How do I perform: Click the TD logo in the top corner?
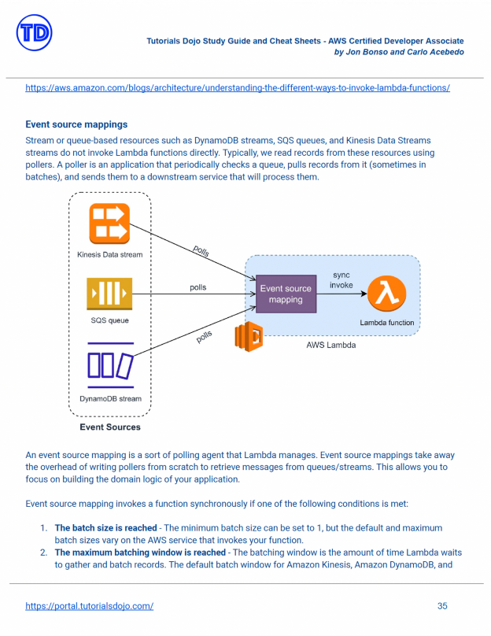[x=34, y=32]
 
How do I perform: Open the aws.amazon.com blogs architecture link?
[x=238, y=88]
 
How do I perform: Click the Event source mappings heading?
[x=76, y=124]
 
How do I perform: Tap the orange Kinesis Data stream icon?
[x=109, y=224]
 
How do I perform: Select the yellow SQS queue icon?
[x=109, y=294]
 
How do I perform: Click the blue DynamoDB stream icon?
[x=110, y=365]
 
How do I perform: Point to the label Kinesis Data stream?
[x=110, y=255]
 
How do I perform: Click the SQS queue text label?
[x=110, y=320]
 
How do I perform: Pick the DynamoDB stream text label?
[x=110, y=399]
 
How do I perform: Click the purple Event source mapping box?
[x=286, y=294]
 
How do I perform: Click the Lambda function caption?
[x=387, y=323]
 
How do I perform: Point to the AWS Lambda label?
[x=330, y=345]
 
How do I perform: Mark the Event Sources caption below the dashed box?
[x=110, y=427]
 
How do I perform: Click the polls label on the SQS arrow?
[x=198, y=287]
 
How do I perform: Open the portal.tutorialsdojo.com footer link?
[x=89, y=606]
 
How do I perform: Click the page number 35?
[x=442, y=606]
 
